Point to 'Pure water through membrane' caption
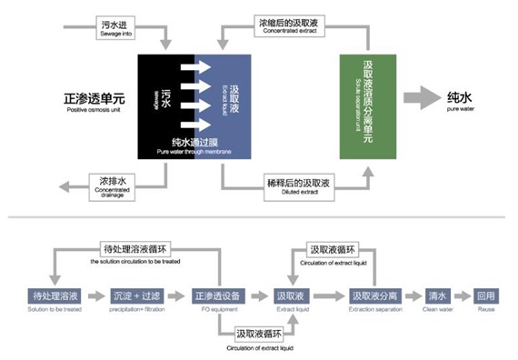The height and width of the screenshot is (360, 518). click(201, 145)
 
